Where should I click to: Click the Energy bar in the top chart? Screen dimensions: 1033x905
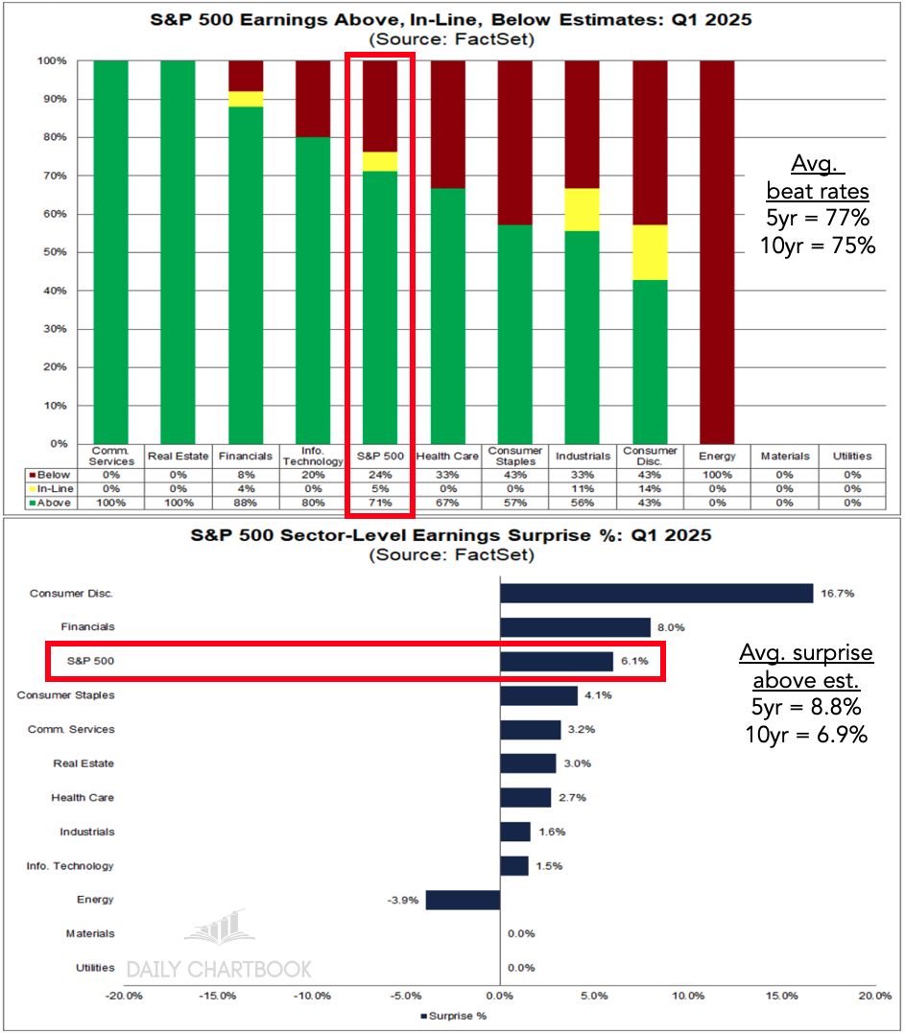(x=717, y=251)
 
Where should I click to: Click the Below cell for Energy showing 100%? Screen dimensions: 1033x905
(x=717, y=473)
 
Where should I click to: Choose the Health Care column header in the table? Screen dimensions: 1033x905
(x=447, y=457)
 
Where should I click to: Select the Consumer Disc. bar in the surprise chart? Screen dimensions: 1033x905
(x=656, y=594)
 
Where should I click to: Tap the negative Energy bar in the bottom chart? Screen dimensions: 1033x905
(x=463, y=900)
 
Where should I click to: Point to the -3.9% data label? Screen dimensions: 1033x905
(x=403, y=900)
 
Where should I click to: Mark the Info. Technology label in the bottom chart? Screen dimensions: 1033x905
(x=70, y=866)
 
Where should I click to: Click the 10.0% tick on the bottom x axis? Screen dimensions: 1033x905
(x=688, y=997)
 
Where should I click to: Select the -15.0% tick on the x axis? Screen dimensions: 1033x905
(x=218, y=997)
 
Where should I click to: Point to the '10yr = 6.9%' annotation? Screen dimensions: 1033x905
(x=807, y=735)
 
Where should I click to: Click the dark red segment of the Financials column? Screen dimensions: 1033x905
(x=245, y=76)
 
